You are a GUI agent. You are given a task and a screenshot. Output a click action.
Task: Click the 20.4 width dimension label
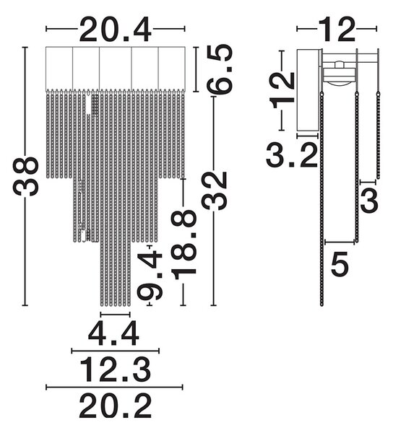click(116, 30)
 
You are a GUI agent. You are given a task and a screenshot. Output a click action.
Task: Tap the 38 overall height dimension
click(25, 177)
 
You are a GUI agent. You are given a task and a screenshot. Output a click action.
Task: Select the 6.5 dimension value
click(220, 69)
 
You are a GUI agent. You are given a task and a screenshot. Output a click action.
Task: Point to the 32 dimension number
click(214, 191)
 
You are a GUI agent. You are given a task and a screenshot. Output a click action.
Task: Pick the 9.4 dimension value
click(150, 276)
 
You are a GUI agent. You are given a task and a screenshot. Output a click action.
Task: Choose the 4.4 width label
click(113, 333)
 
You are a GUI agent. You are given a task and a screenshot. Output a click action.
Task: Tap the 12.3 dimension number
click(116, 369)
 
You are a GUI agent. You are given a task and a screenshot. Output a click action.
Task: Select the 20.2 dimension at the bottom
click(116, 406)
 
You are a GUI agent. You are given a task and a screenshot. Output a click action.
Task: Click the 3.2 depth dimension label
click(292, 155)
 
